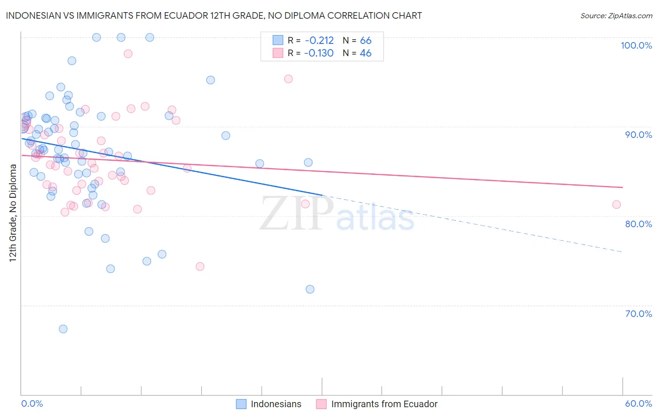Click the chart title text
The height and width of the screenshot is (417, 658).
coord(214,15)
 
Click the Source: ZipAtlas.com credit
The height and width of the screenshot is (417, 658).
coord(616,15)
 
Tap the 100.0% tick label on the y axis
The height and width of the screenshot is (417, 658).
coord(636,45)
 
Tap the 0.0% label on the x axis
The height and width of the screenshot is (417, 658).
coord(32,403)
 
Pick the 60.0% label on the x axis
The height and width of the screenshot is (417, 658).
coord(638,403)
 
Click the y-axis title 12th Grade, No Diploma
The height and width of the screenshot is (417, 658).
coord(13,213)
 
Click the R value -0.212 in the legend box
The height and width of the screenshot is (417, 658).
coord(319,41)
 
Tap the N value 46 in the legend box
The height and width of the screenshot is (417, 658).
coord(366,53)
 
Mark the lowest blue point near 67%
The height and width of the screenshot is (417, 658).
coord(63,329)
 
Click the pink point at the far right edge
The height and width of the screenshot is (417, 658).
coord(616,204)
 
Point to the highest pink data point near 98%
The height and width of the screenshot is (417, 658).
coord(128,54)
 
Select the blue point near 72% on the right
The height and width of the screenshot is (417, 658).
coord(310,289)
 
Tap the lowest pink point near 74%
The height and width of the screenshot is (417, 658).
coord(200,266)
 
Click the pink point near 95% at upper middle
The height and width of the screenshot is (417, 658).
coord(288,79)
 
